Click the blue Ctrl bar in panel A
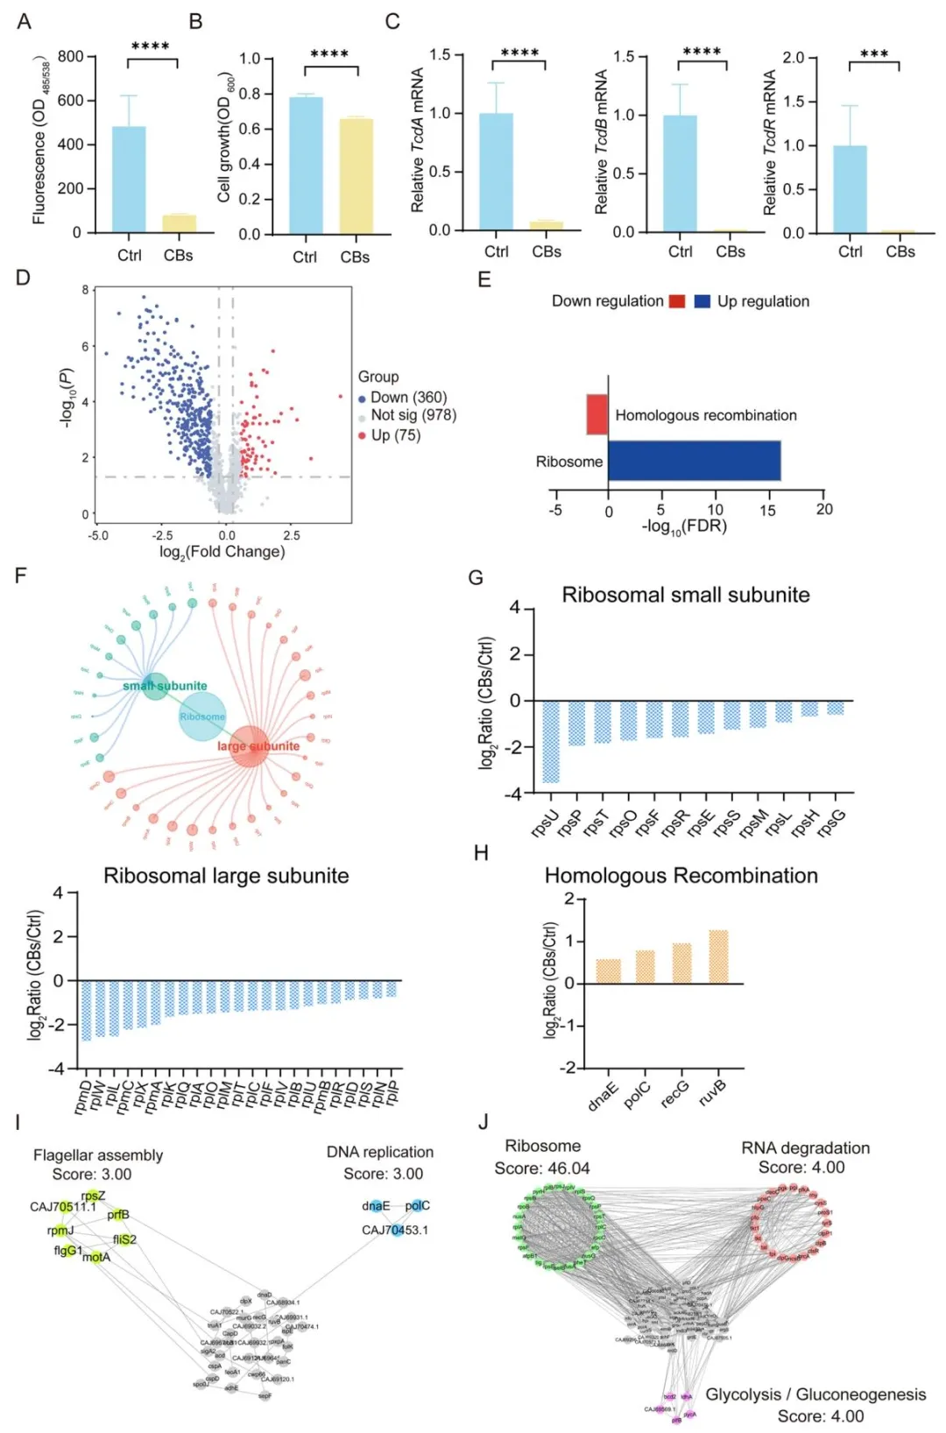pos(129,180)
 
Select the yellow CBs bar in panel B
pos(356,176)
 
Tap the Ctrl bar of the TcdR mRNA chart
pos(850,189)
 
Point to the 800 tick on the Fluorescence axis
pos(70,57)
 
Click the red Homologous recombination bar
pos(597,414)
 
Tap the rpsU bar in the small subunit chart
pos(550,741)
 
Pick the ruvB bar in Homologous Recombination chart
pos(718,957)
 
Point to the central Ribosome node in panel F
pos(202,716)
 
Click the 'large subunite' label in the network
pos(258,746)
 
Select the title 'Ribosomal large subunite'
pos(226,876)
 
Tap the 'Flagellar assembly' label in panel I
pos(98,1155)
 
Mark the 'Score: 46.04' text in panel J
pos(542,1168)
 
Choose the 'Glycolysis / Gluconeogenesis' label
pos(815,1394)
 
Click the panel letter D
pos(23,278)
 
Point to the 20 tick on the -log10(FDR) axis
pos(823,510)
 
